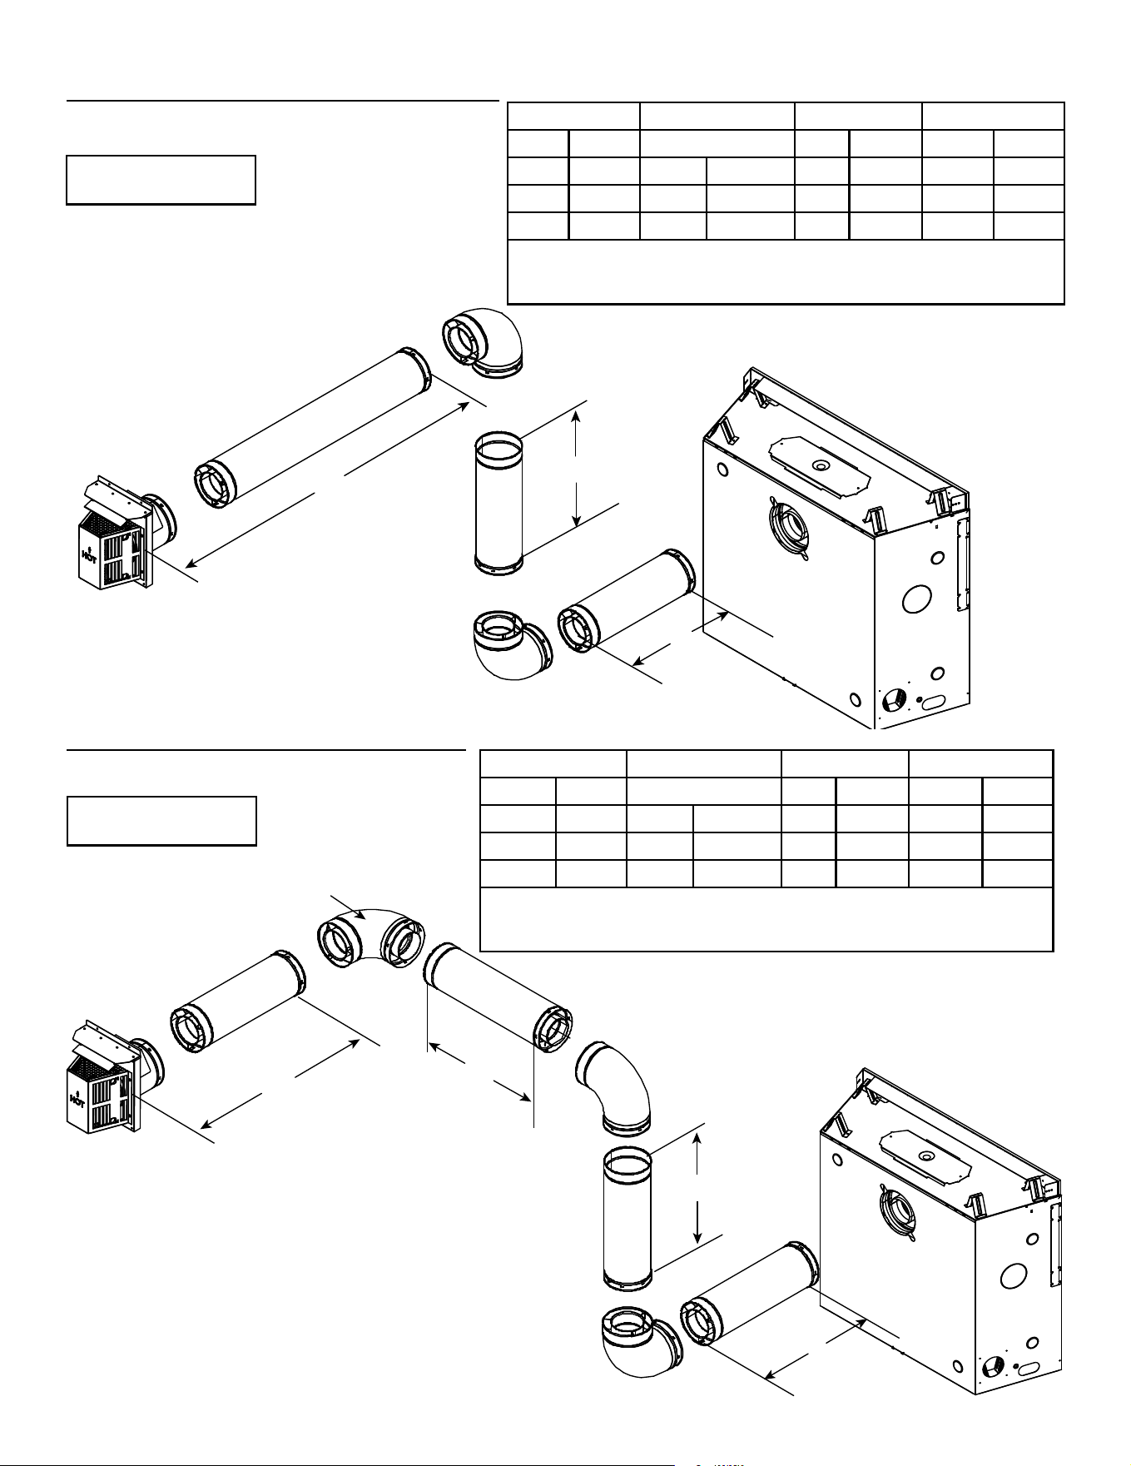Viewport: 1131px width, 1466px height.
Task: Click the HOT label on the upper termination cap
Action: click(87, 554)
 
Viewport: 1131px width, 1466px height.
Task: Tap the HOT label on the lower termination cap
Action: click(77, 1100)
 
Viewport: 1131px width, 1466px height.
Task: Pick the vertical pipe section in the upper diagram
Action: click(499, 504)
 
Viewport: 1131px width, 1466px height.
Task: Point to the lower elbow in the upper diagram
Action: click(508, 644)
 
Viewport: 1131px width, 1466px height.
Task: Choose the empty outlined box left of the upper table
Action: click(161, 179)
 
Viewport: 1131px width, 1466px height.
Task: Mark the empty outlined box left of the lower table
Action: click(161, 821)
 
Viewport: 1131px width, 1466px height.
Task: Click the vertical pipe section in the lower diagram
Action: click(628, 1219)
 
